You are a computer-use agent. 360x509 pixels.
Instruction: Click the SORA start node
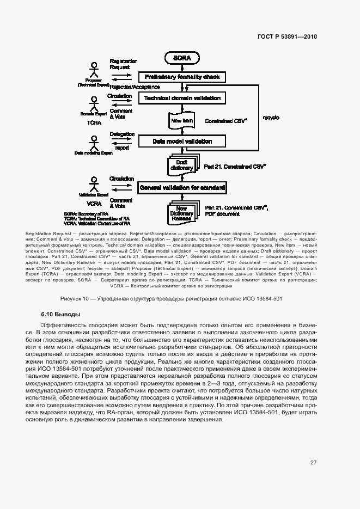[182, 57]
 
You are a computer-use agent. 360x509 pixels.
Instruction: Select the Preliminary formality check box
[182, 77]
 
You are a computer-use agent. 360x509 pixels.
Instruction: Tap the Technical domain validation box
[182, 98]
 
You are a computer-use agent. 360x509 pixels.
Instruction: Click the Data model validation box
[182, 142]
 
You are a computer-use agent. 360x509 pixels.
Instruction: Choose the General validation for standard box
[182, 187]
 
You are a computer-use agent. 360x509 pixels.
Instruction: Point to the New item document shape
[181, 120]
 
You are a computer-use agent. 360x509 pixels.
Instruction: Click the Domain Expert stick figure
[94, 105]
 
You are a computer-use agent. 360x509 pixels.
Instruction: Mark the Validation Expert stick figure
[94, 184]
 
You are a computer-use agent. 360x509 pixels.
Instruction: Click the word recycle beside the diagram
[271, 117]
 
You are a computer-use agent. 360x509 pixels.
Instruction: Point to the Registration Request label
[123, 64]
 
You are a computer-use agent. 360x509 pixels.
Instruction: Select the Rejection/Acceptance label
[135, 87]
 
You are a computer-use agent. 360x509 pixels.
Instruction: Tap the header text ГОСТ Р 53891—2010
[287, 36]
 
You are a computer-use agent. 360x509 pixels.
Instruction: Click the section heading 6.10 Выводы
[60, 315]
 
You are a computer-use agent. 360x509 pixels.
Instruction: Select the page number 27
[313, 463]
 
